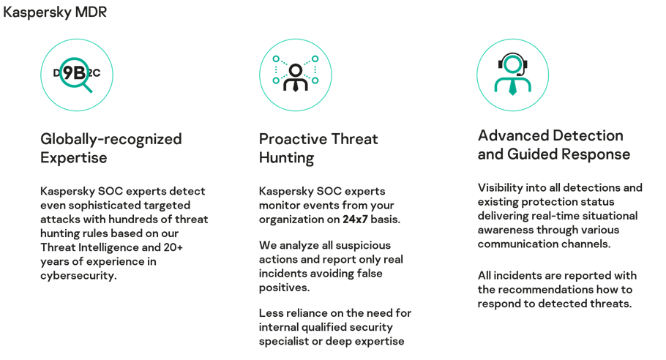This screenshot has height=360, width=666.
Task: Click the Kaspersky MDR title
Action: point(55,12)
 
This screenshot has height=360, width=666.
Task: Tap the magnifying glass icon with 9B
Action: point(76,75)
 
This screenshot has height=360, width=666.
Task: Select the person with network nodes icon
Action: point(296,75)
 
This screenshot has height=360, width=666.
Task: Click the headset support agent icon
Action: point(512,75)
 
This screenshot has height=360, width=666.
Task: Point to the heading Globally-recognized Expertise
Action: point(111,148)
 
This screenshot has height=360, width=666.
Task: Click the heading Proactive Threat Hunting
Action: point(318,148)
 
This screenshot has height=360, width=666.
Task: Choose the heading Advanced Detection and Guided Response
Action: point(554,145)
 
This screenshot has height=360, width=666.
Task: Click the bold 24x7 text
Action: point(355,219)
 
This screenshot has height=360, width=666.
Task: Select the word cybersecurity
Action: point(78,276)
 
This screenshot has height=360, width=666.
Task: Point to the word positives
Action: point(284,288)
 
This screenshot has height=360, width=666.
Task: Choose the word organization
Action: point(293,220)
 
